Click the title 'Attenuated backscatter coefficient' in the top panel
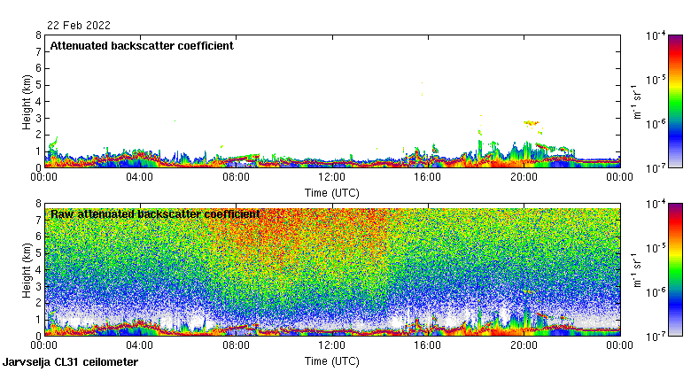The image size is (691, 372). point(142,46)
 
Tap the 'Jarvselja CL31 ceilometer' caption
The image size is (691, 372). point(71,362)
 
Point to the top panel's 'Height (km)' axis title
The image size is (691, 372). point(27,101)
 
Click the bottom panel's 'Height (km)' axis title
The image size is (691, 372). point(27,269)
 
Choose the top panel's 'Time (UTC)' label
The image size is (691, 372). point(331,191)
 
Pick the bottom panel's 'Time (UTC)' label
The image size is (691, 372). point(331,360)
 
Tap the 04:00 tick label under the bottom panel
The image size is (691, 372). point(140,346)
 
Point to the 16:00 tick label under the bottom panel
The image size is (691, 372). point(428,346)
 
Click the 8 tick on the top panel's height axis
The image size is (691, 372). point(38,36)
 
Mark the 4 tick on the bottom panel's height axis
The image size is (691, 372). point(38,269)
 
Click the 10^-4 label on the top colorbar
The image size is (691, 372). point(656,36)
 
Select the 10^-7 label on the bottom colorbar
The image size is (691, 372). point(656,337)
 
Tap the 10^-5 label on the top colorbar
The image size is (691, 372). point(656,80)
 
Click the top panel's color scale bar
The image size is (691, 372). point(674,101)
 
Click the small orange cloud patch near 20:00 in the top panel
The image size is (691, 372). point(532,123)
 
